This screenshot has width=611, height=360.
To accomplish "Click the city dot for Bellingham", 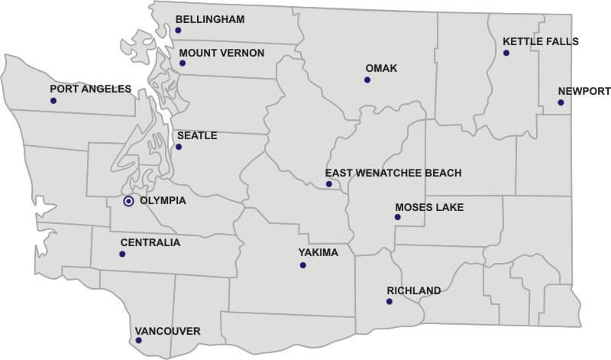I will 178,31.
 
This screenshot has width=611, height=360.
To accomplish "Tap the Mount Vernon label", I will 221,53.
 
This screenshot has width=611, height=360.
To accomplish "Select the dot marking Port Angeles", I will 53,100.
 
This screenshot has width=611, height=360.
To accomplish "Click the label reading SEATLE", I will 197,135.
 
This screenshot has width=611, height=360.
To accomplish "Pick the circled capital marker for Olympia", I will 128,201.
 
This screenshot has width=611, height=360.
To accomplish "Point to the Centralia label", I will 150,242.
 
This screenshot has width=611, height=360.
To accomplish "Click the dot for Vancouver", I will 138,340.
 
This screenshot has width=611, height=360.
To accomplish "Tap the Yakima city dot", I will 303,265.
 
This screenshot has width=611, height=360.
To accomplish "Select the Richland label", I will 414,290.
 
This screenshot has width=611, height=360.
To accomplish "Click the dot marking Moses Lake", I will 397,217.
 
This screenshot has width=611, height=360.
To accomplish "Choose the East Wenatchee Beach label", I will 393,173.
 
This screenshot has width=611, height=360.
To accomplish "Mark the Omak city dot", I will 367,79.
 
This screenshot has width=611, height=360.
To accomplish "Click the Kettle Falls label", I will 541,41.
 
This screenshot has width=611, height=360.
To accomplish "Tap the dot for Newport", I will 561,102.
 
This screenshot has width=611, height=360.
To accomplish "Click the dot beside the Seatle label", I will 179,147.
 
